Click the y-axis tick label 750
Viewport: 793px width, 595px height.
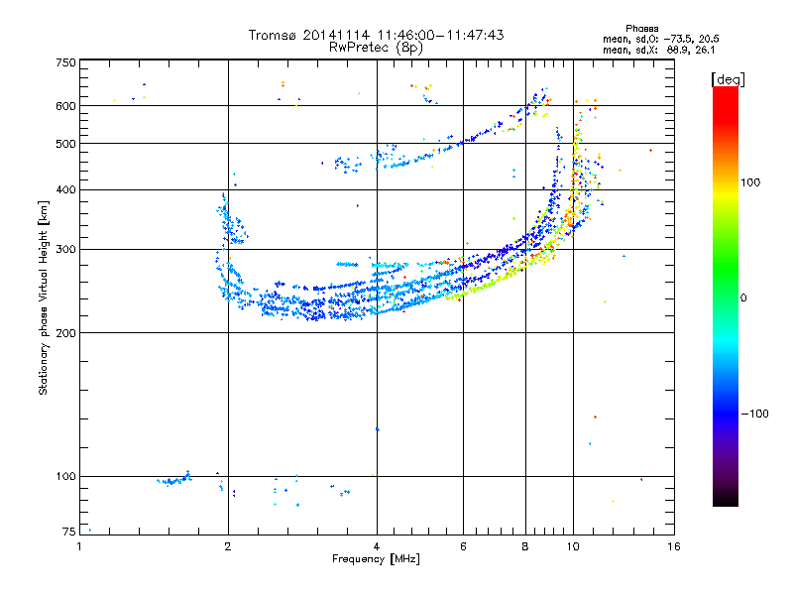pos(65,61)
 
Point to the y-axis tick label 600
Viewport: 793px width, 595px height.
pos(65,105)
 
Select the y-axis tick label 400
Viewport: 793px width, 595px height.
pos(65,189)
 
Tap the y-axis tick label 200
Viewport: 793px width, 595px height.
pos(65,332)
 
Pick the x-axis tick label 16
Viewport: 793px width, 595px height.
pos(674,546)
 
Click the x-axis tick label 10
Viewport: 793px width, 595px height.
pos(573,546)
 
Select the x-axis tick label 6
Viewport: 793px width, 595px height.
pos(464,546)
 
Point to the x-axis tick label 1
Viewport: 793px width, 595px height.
pos(80,546)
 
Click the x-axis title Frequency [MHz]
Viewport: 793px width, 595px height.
pos(376,559)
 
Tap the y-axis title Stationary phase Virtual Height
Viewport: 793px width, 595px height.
pos(44,297)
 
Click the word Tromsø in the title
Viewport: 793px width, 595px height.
pos(272,35)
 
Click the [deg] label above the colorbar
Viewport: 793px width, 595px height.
pos(728,78)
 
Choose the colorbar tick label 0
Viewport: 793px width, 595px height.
pos(746,297)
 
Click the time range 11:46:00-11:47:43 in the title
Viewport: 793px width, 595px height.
pos(441,35)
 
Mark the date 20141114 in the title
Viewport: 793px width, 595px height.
pos(338,35)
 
